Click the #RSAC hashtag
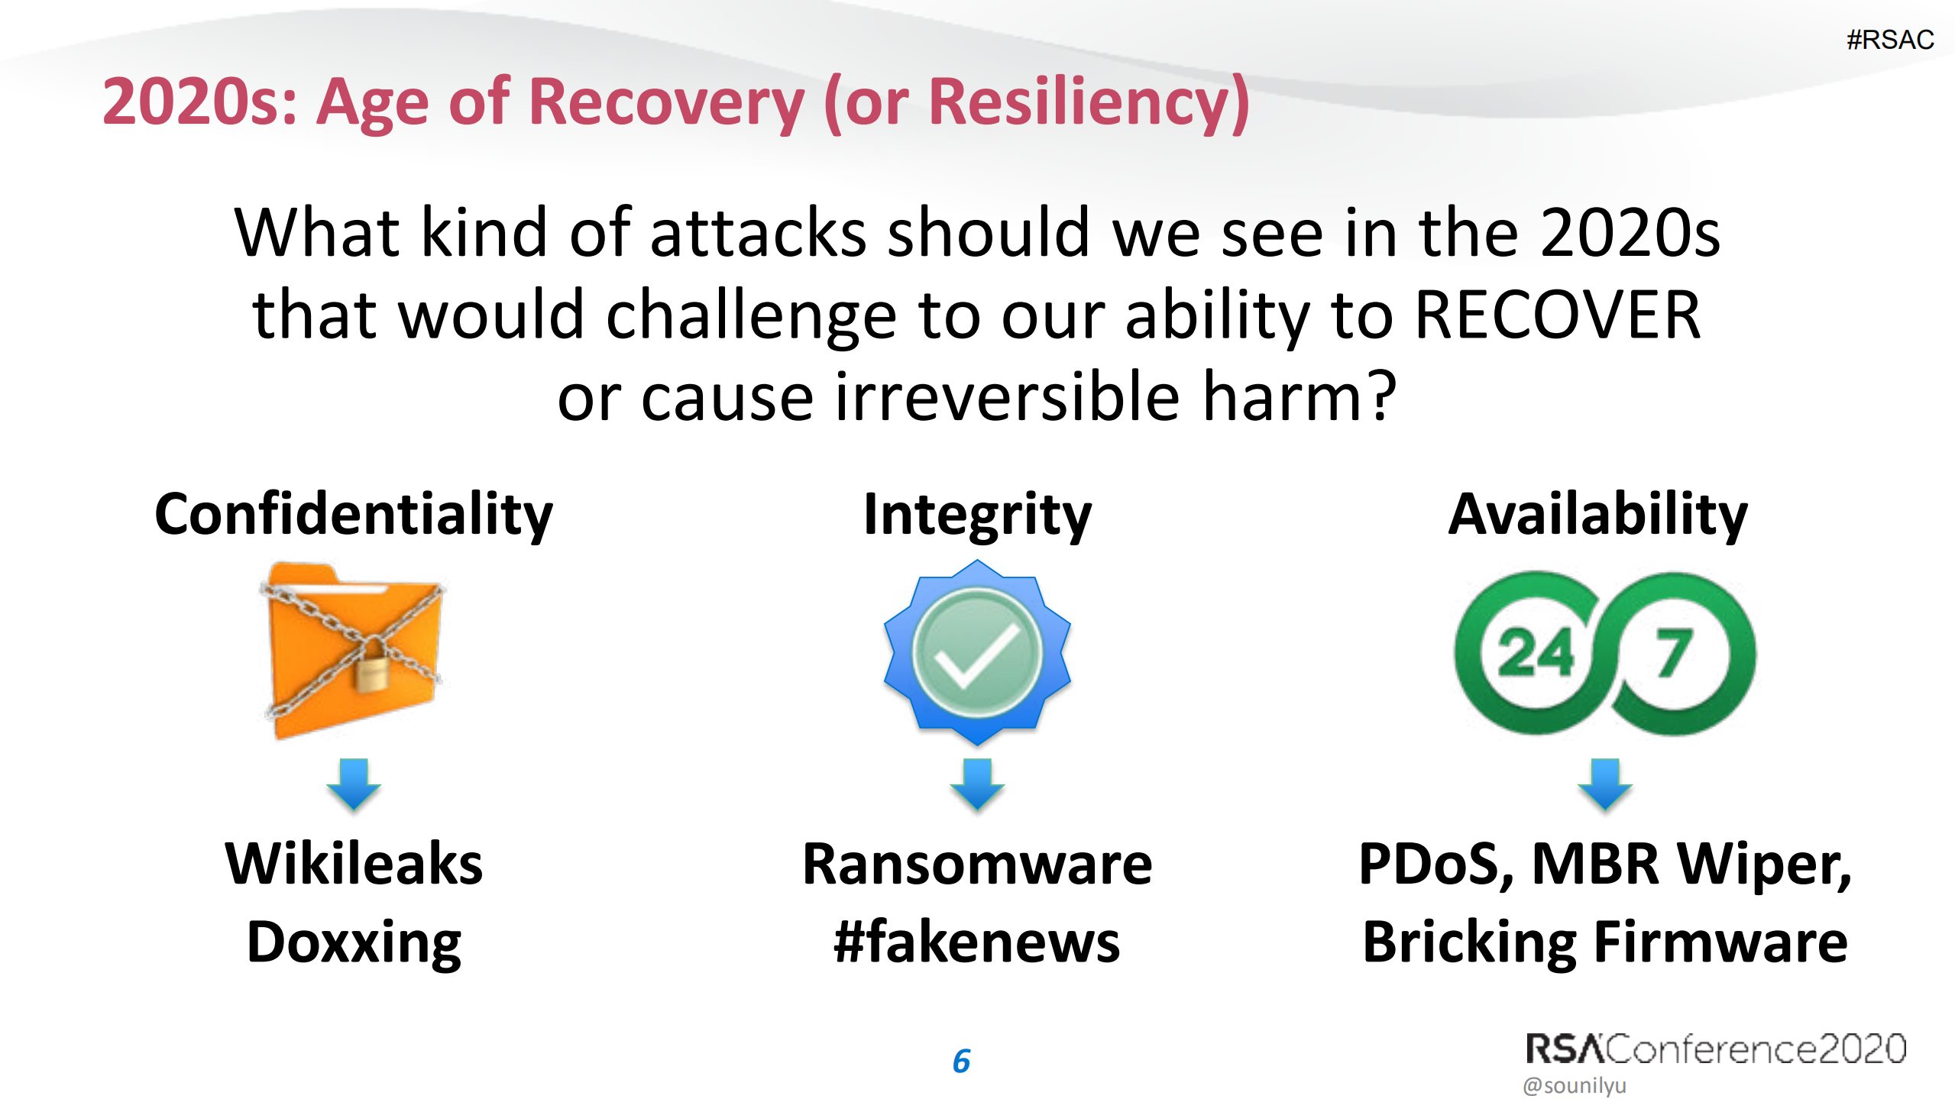pyautogui.click(x=1889, y=40)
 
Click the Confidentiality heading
pyautogui.click(x=353, y=514)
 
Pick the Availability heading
pyautogui.click(x=1597, y=514)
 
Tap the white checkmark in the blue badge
pyautogui.click(x=977, y=654)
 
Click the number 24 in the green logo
pyautogui.click(x=1535, y=654)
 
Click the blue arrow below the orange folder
pyautogui.click(x=353, y=784)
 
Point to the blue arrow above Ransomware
pyautogui.click(x=977, y=784)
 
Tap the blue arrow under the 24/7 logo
pyautogui.click(x=1604, y=784)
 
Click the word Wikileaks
pyautogui.click(x=353, y=864)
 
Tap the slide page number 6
pyautogui.click(x=961, y=1061)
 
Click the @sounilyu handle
pyautogui.click(x=1575, y=1085)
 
